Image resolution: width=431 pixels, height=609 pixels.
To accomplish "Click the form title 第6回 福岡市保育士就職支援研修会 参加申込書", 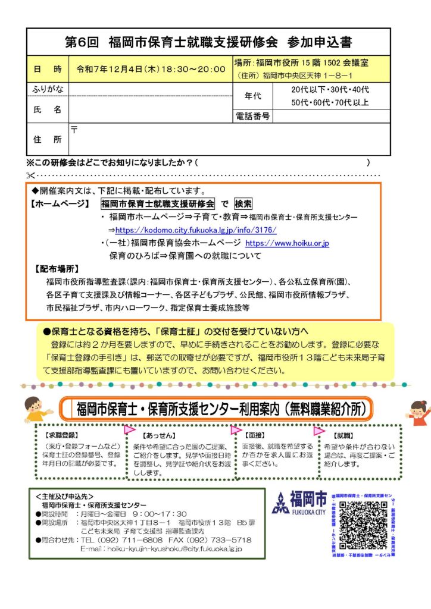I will click(208, 43).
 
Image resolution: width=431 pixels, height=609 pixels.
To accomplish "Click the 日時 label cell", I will click(48, 69).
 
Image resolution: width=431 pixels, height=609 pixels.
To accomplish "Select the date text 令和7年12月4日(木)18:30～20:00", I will click(151, 69).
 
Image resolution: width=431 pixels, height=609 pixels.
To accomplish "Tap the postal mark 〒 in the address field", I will click(74, 130).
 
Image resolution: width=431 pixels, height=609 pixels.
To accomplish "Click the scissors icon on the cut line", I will click(32, 175).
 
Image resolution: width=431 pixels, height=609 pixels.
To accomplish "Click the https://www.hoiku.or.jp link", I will click(287, 243).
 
